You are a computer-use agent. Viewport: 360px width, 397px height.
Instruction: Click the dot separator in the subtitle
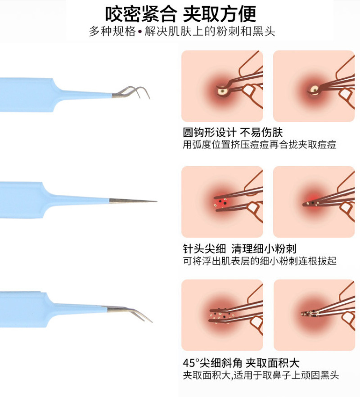(140, 32)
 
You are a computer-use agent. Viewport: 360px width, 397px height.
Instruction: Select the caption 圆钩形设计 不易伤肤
(233, 132)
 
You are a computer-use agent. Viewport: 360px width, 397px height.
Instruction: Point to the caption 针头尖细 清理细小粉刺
(239, 248)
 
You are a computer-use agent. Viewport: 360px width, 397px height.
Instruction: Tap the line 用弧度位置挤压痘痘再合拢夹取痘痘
(260, 145)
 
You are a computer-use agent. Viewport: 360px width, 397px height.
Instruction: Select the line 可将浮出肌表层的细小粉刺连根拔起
(260, 261)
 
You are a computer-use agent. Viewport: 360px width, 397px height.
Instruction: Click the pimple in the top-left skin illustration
(222, 90)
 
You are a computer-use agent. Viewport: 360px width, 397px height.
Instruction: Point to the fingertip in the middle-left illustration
(254, 208)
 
